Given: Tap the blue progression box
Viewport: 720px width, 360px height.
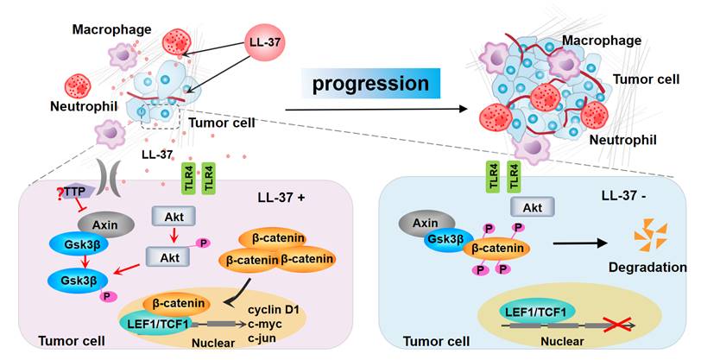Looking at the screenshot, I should tap(371, 85).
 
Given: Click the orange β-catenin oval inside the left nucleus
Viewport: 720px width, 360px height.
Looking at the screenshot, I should tap(180, 302).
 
